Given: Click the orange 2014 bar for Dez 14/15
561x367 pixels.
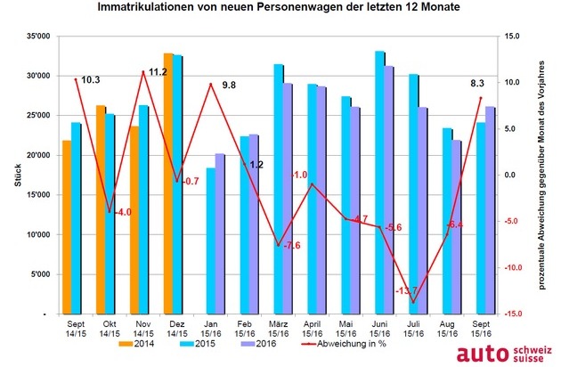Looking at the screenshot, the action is point(168,183).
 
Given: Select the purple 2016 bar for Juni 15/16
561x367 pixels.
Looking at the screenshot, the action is point(388,190).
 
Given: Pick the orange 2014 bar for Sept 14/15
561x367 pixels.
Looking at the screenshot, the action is point(67,227).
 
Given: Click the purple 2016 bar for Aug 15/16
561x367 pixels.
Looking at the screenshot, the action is point(456,227).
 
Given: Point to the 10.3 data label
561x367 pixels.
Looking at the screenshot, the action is point(91,80).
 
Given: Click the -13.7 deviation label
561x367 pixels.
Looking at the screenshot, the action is point(406,290).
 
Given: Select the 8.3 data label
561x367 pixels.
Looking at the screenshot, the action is point(477,84).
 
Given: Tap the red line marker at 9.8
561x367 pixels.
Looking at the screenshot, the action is point(211,85).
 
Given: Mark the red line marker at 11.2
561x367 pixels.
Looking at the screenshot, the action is point(143,71).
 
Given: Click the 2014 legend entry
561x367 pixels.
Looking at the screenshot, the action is point(136,344).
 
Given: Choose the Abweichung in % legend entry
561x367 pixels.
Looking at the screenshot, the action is point(344,344).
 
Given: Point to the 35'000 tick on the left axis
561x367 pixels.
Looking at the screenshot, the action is point(38,37).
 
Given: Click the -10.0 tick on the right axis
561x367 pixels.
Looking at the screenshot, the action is point(512,267).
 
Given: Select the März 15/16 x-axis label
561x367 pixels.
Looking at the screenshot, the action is point(279,329).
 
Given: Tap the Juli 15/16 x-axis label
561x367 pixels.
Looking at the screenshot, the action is point(413,329).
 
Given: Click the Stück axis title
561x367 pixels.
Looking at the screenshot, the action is point(18,175).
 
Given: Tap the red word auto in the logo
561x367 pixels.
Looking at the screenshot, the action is point(483,354).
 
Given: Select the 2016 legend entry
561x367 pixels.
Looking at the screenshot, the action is point(260,344).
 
